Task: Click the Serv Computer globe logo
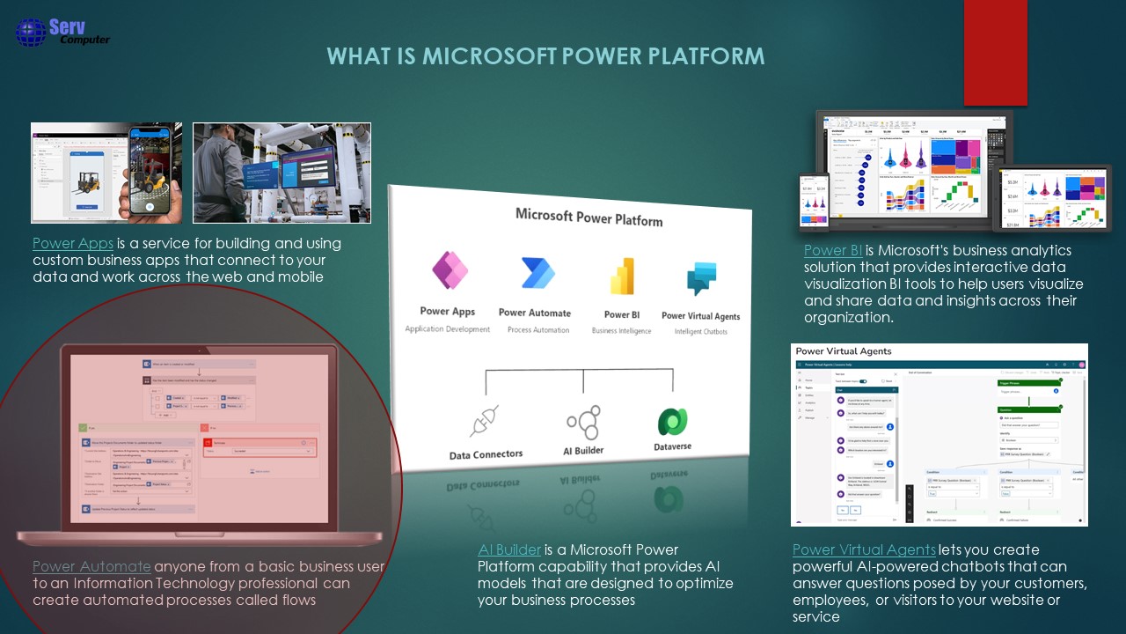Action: (x=31, y=32)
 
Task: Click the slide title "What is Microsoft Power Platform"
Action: (x=545, y=56)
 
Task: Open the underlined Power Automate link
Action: (x=91, y=566)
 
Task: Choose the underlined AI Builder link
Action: (x=509, y=550)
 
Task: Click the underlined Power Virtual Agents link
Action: (x=864, y=550)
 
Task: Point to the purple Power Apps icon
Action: (x=450, y=269)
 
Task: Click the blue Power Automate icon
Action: (x=537, y=273)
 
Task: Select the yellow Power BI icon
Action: (x=622, y=276)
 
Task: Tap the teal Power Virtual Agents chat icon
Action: (x=701, y=280)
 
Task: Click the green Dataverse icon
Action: (x=672, y=422)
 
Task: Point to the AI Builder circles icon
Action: (x=583, y=423)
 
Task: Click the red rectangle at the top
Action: (x=995, y=53)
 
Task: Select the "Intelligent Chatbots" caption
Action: (x=700, y=332)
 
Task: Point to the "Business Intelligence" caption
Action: (x=621, y=331)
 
